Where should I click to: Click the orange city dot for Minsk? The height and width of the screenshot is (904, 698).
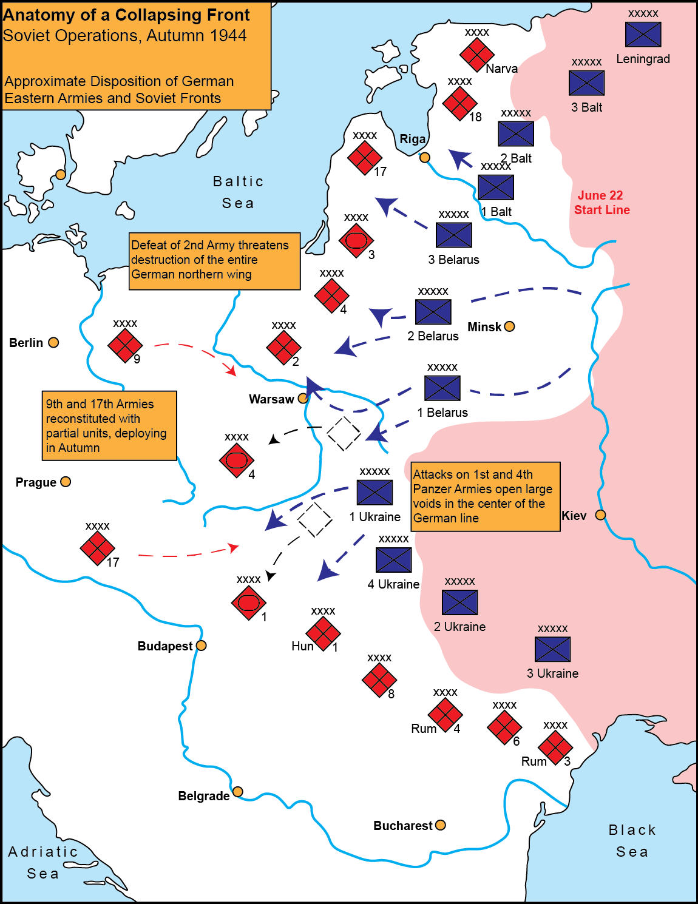coord(510,326)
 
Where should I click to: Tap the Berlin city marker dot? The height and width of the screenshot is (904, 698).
coord(53,343)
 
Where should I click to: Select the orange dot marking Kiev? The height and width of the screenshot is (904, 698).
coord(600,515)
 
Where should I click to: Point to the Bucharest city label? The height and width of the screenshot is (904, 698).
coord(402,826)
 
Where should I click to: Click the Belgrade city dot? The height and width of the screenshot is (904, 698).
coord(238,792)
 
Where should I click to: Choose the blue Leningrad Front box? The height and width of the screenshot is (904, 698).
coord(643,34)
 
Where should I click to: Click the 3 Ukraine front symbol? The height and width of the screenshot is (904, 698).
coord(553,650)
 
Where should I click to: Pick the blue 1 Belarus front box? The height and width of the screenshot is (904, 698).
coord(442,388)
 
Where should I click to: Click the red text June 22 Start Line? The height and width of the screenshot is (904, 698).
coord(601,203)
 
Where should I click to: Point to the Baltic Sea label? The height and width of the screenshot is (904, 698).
coord(238,192)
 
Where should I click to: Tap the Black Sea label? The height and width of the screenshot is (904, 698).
coord(632,840)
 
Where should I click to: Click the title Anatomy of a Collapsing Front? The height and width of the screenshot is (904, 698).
coord(126,15)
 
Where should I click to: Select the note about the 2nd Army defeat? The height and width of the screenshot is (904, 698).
coord(214,260)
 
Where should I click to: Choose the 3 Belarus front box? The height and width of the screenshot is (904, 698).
coord(454,235)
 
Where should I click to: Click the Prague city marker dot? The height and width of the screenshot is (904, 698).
coord(66,482)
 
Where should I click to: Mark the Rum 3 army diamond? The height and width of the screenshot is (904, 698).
coord(555,747)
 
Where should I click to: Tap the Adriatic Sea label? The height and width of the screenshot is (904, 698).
coord(43,862)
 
